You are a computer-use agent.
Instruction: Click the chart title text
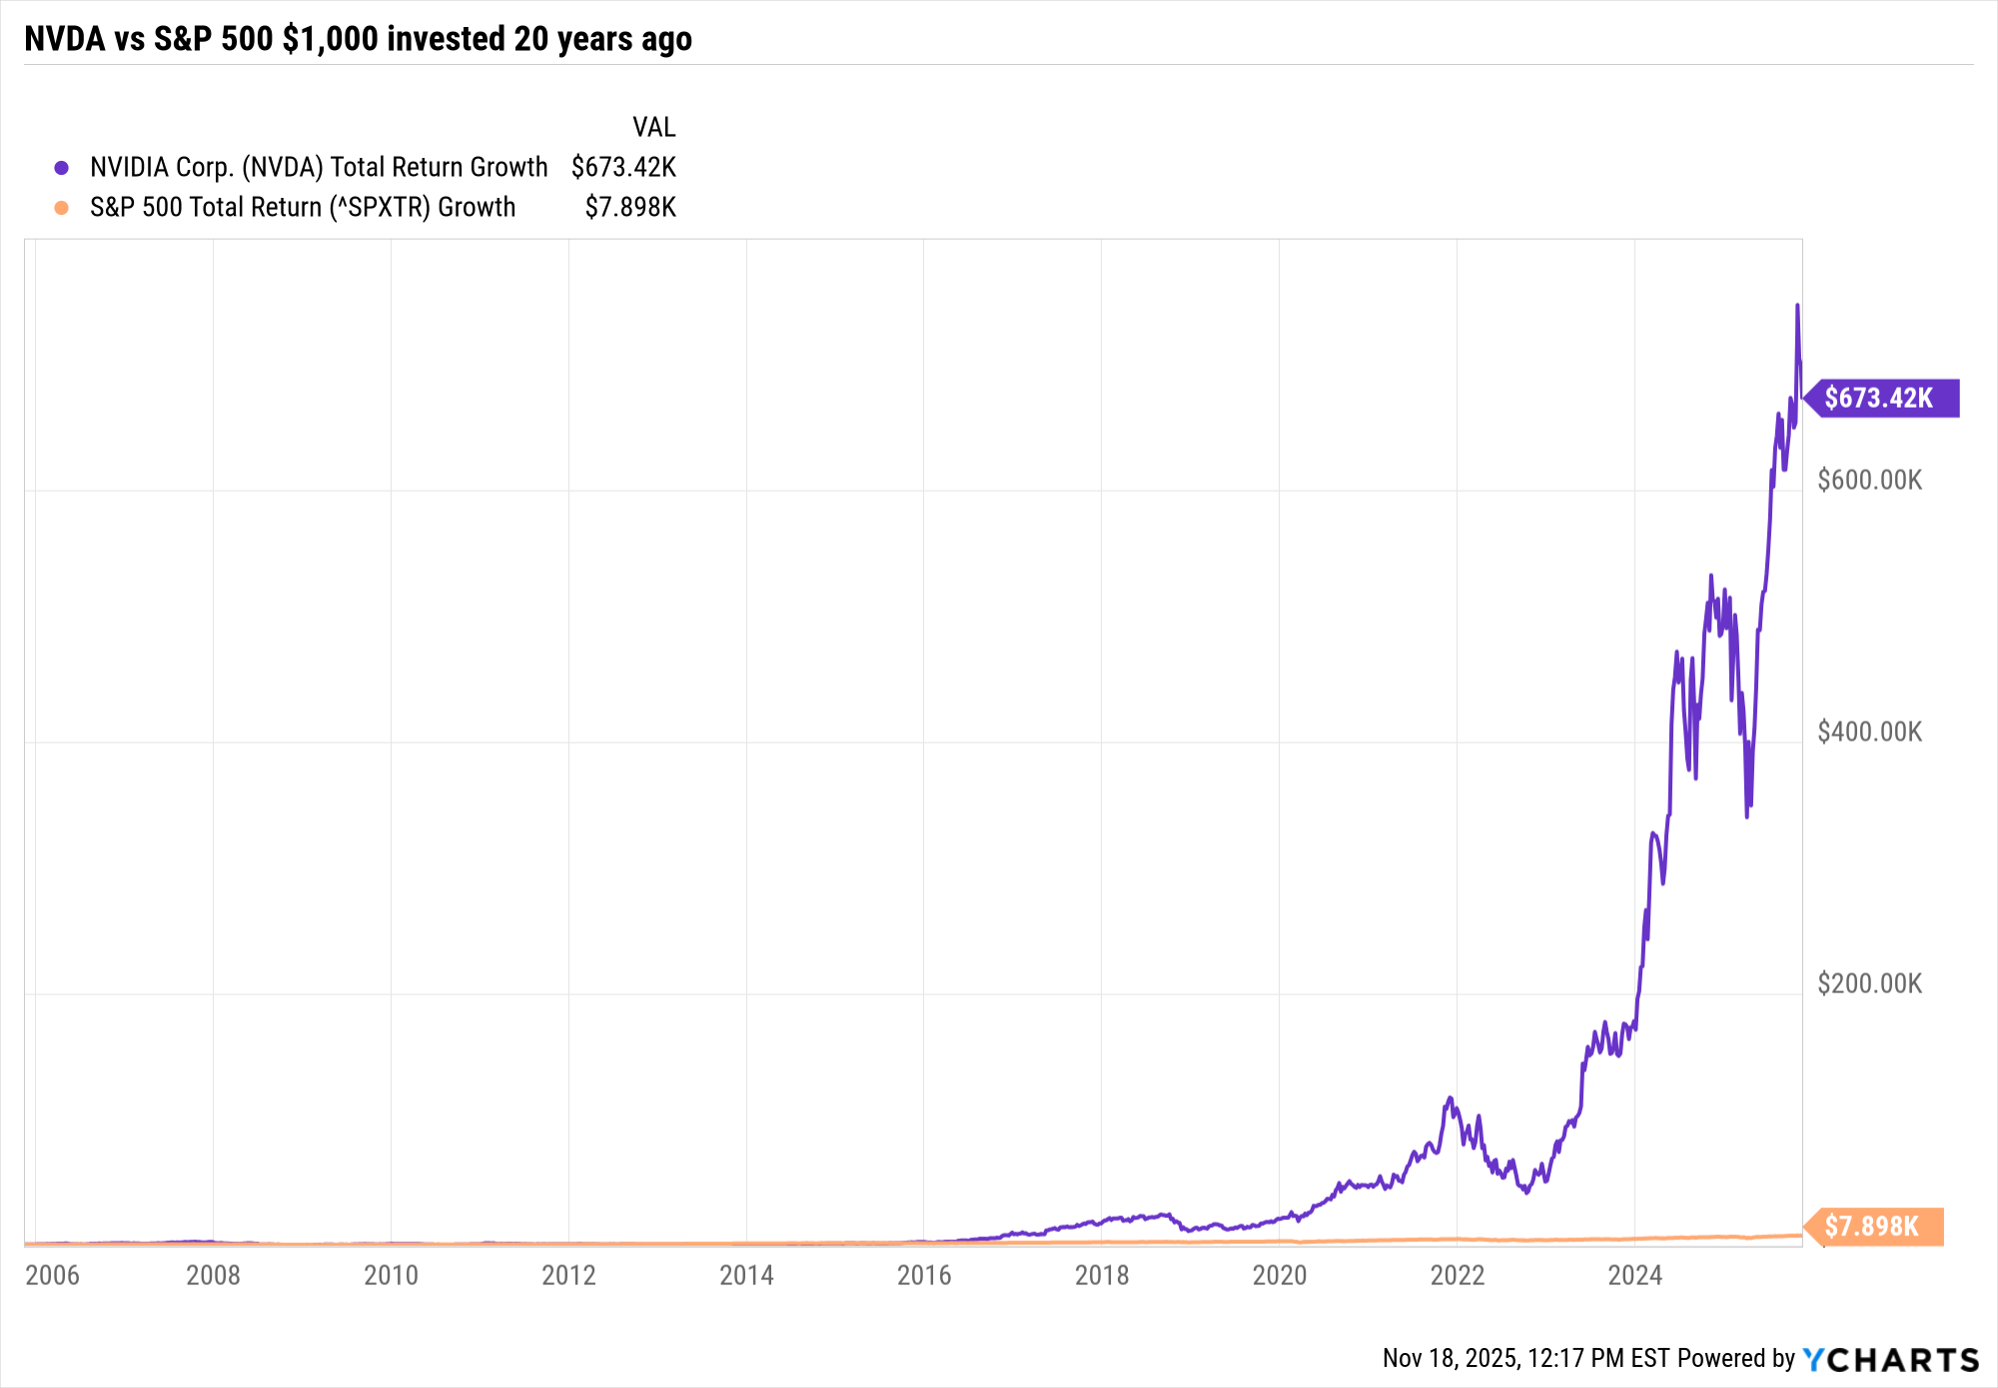point(358,39)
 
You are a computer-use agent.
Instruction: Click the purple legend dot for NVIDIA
point(62,168)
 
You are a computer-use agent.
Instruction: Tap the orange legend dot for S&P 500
point(62,208)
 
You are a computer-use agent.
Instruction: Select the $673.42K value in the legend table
point(623,167)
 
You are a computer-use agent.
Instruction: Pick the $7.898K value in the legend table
point(630,207)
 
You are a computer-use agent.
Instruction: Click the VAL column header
point(653,127)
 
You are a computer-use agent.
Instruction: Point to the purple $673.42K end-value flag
point(1882,398)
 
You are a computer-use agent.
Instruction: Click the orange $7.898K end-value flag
point(1875,1226)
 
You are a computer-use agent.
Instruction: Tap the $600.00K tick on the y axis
point(1869,481)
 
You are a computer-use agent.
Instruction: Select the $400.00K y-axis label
point(1869,732)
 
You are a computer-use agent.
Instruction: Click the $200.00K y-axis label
point(1869,984)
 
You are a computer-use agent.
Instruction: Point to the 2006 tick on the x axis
point(52,1275)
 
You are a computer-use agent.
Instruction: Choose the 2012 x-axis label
point(568,1275)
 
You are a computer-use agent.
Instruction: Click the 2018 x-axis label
point(1102,1275)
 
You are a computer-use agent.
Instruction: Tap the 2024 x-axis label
point(1634,1275)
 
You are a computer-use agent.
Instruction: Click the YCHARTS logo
point(1890,1359)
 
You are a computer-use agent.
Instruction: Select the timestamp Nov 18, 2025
point(1451,1358)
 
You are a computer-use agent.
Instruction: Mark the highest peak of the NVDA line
point(1797,306)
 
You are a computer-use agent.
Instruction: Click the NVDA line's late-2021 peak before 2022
point(1450,1098)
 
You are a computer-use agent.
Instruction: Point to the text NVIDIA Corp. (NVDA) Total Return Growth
point(319,167)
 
